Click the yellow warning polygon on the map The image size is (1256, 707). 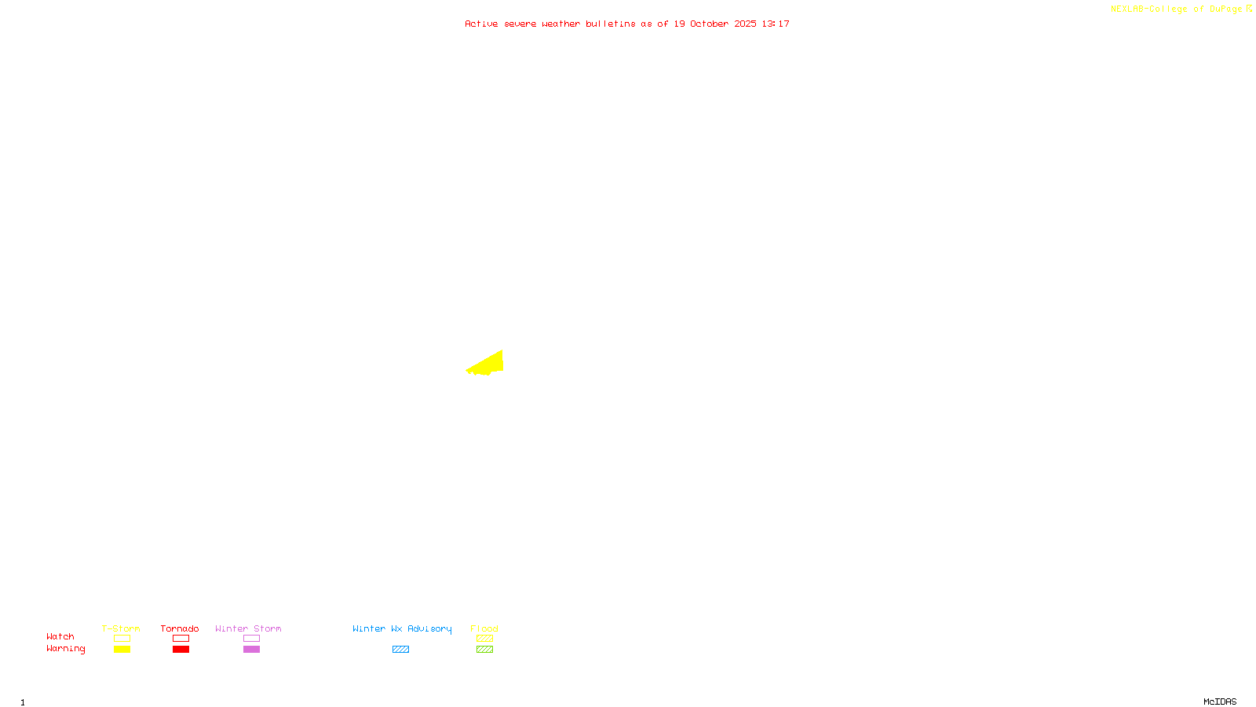coord(490,364)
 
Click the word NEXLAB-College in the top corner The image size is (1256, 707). coord(1148,9)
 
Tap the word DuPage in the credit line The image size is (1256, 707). coord(1225,9)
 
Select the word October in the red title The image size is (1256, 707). coord(709,24)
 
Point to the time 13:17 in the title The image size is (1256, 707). coord(776,24)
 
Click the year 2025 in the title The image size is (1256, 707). coord(745,24)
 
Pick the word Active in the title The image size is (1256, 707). coord(481,24)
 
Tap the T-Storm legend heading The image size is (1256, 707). coord(121,628)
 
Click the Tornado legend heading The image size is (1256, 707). coord(180,628)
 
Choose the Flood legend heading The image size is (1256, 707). coord(484,628)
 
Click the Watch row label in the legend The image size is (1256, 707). coord(60,637)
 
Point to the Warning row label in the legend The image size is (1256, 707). coord(65,649)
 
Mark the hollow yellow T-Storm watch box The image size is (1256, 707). coord(122,639)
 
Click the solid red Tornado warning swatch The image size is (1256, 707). coord(181,650)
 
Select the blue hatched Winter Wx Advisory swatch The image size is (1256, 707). coord(400,650)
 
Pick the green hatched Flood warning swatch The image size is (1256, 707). coord(484,650)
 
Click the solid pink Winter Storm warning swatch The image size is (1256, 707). coord(251,650)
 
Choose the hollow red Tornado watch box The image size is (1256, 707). coord(181,639)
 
